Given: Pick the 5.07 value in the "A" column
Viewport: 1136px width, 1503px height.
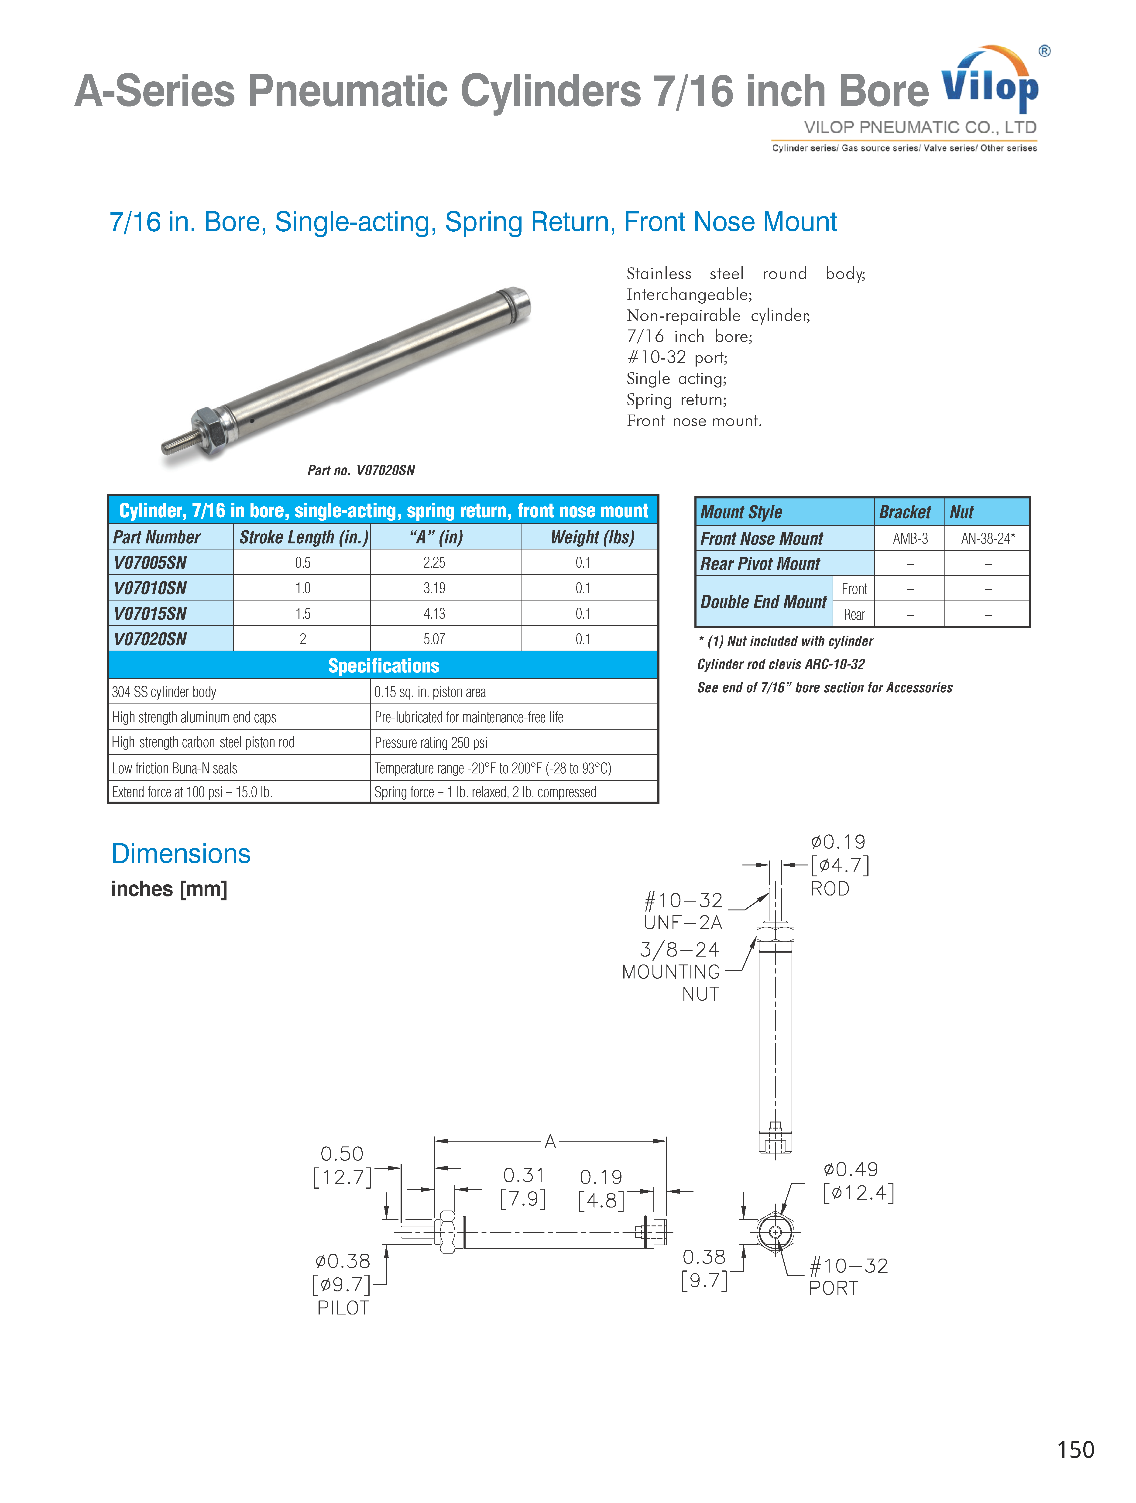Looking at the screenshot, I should (x=434, y=639).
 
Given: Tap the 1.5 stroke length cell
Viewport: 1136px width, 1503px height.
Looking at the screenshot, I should (x=303, y=614).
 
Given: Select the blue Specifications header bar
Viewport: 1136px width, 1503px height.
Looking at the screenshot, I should (x=383, y=665).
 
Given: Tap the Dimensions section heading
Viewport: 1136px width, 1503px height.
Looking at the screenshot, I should (x=181, y=853).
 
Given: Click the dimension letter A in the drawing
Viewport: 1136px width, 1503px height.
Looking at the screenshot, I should (x=550, y=1141).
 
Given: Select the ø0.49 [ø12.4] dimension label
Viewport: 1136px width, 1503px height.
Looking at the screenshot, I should (x=858, y=1181).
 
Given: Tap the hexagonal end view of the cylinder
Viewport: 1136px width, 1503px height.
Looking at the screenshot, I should (x=775, y=1231).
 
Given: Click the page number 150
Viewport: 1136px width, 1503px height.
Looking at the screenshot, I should (x=1075, y=1449).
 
